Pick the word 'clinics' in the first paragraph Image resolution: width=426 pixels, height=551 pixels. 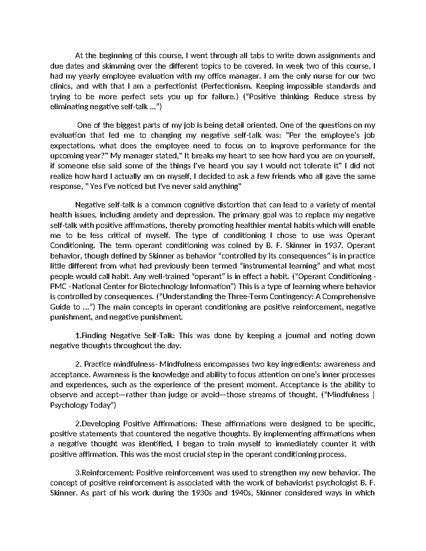coord(61,86)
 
